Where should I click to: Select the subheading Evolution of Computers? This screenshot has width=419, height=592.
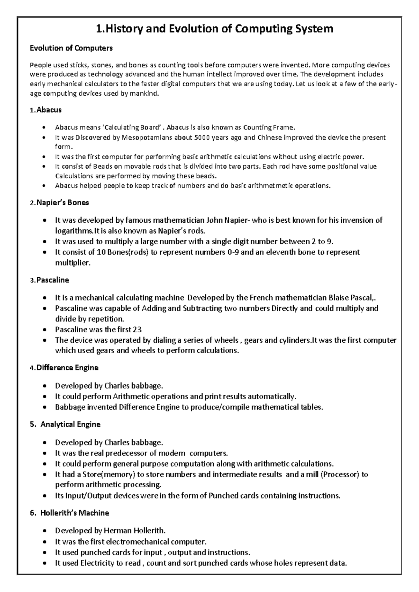point(71,48)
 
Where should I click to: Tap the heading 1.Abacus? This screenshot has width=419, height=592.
point(45,110)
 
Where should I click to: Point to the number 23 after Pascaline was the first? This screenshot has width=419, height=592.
point(137,330)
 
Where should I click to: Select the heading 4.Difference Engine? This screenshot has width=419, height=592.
point(64,368)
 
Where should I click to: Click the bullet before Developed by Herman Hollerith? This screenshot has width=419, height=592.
point(44,531)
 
